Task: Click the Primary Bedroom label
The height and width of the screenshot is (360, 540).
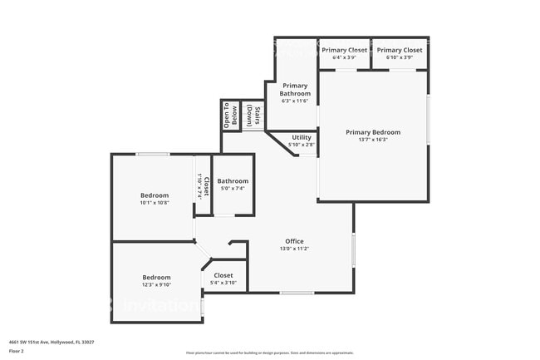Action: [x=373, y=132]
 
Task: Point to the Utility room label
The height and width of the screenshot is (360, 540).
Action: [x=302, y=137]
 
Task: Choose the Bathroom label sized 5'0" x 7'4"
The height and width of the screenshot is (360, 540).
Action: [x=233, y=181]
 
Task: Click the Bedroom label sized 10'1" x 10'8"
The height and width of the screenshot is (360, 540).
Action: [x=155, y=195]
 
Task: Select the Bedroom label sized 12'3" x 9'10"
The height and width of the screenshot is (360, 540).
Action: [x=156, y=277]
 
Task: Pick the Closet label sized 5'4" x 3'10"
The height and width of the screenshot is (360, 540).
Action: [x=223, y=275]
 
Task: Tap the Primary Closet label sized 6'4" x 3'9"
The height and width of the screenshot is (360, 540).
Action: [x=344, y=50]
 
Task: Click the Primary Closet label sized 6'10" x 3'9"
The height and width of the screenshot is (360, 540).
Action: [x=400, y=50]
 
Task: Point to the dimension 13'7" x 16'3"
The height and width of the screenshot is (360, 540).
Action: [x=373, y=140]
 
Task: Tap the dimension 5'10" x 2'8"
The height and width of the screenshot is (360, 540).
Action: [x=302, y=145]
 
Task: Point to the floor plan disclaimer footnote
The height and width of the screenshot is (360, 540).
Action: [x=270, y=353]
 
